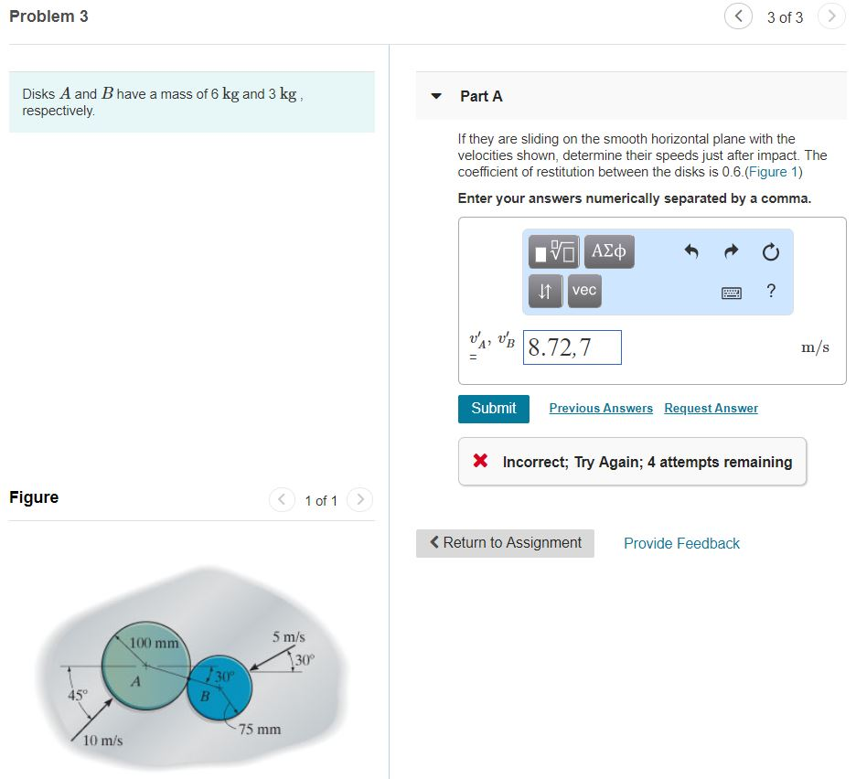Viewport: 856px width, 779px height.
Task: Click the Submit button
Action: (493, 409)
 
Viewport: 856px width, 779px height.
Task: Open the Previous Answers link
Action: (601, 409)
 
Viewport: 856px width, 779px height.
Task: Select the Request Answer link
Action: (711, 409)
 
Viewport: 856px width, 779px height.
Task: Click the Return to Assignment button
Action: (505, 543)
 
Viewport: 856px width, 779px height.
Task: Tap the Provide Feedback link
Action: (681, 543)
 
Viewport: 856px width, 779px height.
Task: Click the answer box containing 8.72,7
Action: (572, 347)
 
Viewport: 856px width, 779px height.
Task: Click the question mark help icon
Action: (771, 292)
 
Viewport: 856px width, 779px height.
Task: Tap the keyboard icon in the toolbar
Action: (732, 293)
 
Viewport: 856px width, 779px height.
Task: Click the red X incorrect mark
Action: (480, 462)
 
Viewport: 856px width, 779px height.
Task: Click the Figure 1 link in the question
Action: (773, 172)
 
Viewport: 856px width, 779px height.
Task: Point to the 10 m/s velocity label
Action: (102, 741)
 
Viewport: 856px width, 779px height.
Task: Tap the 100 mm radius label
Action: (154, 644)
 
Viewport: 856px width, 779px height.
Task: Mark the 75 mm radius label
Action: (260, 730)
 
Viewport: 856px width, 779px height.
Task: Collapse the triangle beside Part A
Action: (437, 96)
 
